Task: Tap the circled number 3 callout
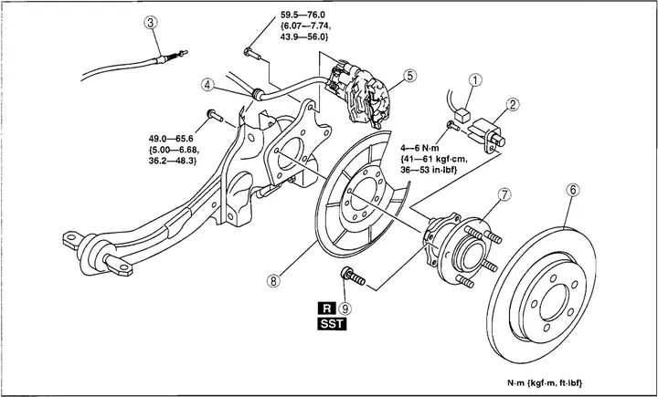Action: (152, 25)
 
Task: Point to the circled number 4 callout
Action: (209, 86)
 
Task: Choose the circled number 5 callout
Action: (410, 76)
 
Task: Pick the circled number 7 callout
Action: (504, 194)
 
